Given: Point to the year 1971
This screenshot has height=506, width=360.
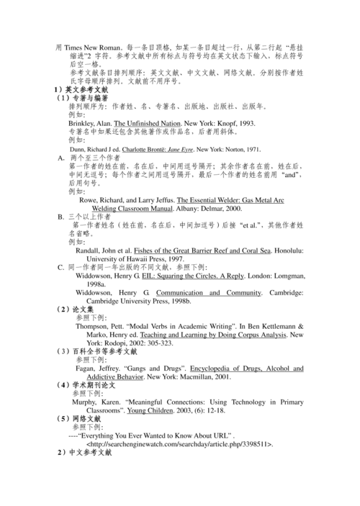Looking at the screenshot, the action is pos(251,149).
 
